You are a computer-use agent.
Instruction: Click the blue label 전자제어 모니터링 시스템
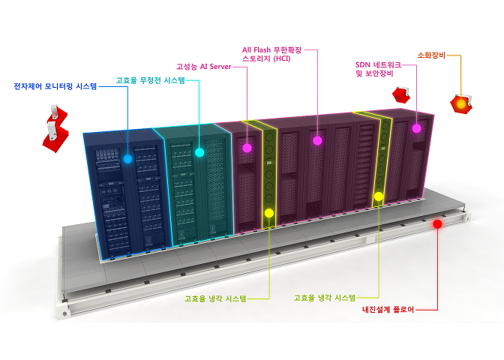point(55,86)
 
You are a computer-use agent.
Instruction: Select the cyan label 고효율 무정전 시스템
point(151,80)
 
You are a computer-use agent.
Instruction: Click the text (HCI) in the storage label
point(281,58)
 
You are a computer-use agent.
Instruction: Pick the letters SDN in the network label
point(363,65)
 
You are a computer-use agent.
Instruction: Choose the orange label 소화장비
point(431,55)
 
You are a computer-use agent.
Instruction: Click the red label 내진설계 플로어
point(388,310)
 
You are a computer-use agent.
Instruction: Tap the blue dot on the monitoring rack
point(127,159)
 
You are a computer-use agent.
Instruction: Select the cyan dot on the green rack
point(199,152)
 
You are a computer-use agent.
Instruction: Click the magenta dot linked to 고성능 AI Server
point(247,148)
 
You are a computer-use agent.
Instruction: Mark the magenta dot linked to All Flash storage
point(317,141)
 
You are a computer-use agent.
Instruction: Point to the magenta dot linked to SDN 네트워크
point(416,128)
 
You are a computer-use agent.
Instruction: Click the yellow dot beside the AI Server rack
point(269,213)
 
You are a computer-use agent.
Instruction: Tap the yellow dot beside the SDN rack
point(379,196)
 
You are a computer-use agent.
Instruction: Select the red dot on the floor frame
point(437,224)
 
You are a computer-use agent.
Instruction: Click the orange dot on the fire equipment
point(461,104)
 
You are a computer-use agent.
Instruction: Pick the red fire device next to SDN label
point(401,94)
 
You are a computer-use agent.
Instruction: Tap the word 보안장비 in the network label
point(379,73)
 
